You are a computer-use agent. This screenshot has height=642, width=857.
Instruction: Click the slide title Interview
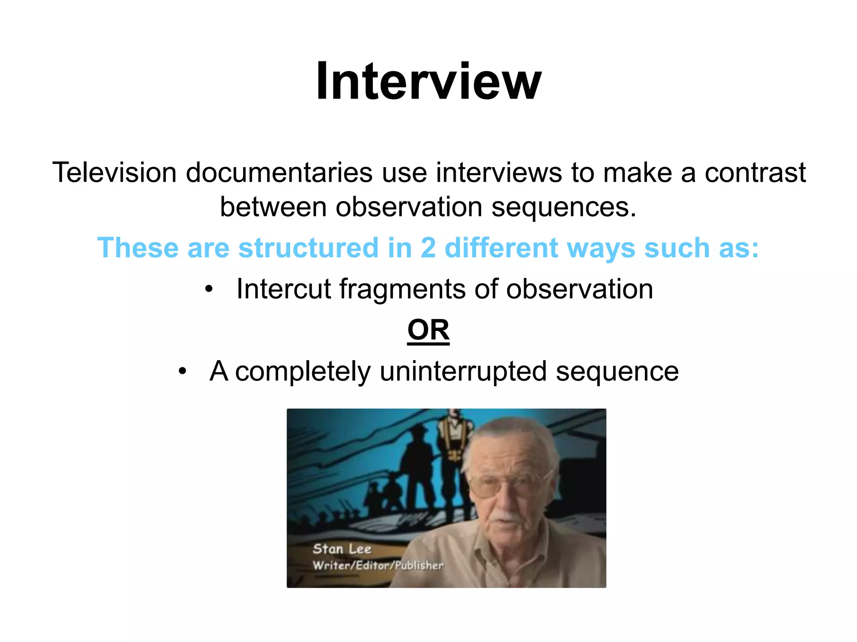428,81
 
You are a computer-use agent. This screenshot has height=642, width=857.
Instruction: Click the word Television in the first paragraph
114,172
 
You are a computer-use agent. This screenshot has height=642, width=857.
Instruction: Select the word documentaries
279,172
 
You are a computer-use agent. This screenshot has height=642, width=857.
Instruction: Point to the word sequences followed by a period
563,207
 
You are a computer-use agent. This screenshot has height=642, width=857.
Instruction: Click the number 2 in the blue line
428,247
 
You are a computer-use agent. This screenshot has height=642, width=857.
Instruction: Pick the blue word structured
308,247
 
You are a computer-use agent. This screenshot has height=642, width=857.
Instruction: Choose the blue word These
138,247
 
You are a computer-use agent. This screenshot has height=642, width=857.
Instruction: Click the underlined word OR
428,330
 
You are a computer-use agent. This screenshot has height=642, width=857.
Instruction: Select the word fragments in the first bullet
402,289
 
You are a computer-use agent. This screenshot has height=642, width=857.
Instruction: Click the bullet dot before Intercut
209,289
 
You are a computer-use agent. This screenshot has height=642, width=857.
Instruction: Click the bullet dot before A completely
182,371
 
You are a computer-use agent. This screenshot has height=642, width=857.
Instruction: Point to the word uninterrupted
463,371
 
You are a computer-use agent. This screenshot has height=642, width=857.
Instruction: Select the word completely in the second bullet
303,371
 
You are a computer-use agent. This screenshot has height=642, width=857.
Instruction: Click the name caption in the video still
342,549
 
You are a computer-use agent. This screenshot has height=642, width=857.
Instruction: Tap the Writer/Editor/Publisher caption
378,566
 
